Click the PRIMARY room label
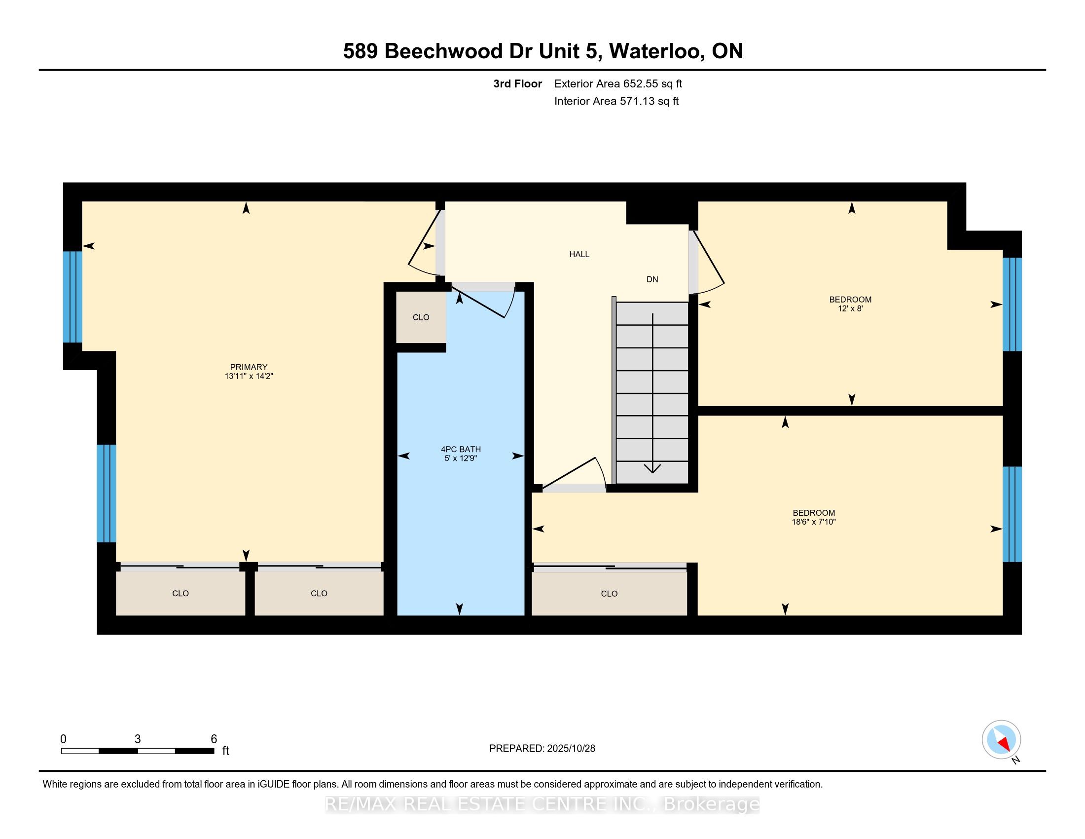pos(249,367)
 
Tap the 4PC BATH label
pos(461,449)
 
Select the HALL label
pos(579,254)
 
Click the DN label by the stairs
pos(652,279)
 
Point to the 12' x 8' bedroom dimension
pos(850,308)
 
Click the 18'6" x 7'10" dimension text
pos(814,522)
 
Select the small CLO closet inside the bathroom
pos(421,317)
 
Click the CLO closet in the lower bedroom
pos(609,593)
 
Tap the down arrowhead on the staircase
pos(652,468)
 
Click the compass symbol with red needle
pos(1001,740)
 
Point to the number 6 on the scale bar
pos(214,739)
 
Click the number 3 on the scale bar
pos(138,739)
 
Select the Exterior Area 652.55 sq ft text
pos(618,83)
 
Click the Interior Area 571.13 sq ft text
pos(616,101)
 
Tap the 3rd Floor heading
pos(517,83)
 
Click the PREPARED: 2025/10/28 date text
pos(542,748)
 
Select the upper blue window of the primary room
pos(72,297)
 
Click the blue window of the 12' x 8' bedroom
pos(1012,304)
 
